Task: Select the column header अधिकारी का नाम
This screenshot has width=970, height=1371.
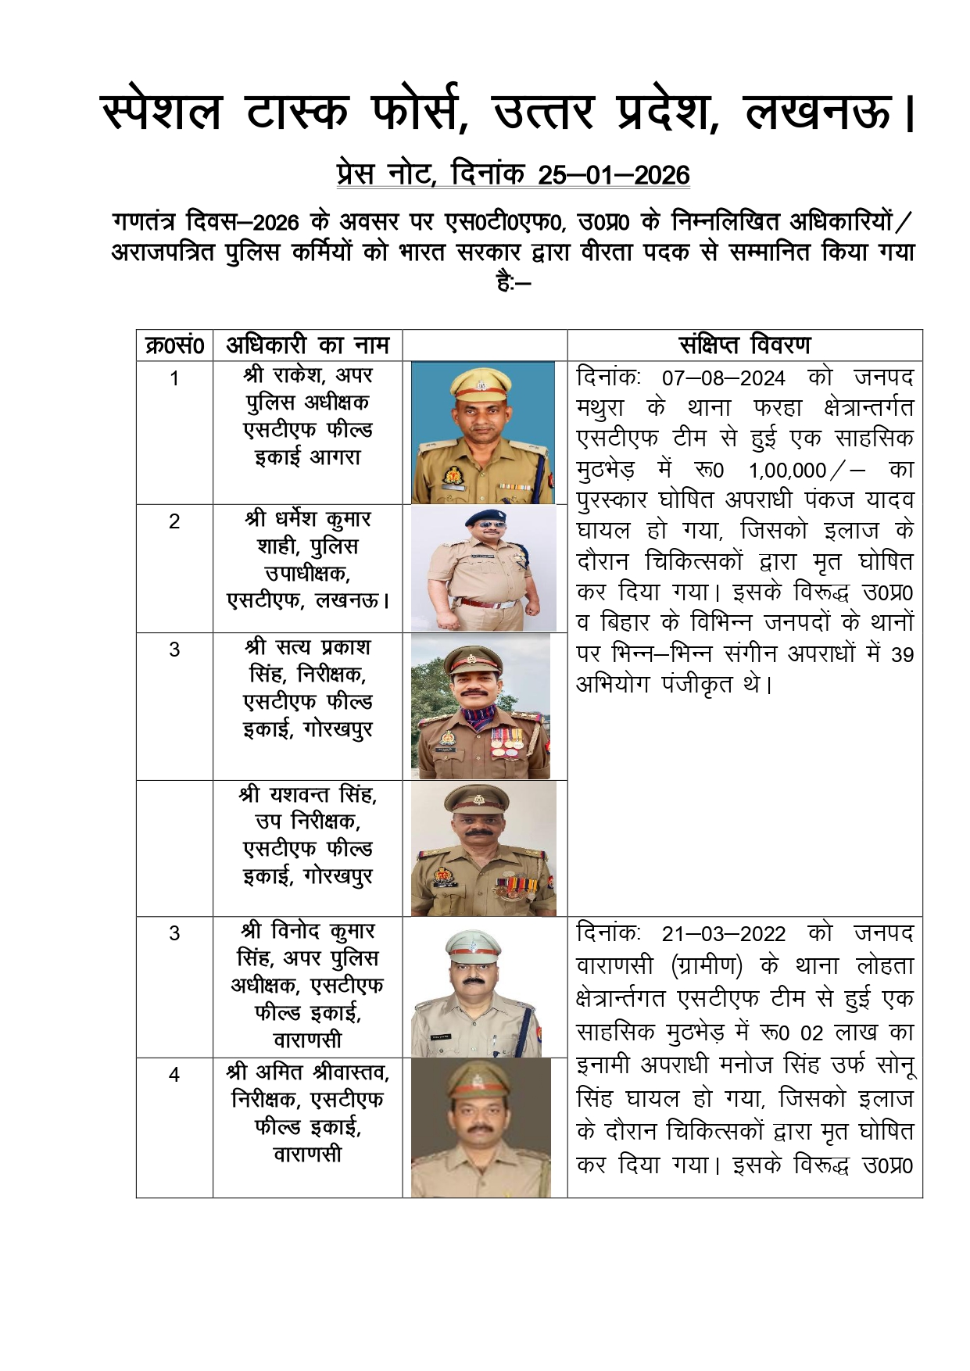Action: pyautogui.click(x=307, y=345)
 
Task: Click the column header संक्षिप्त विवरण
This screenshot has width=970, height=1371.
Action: pyautogui.click(x=744, y=345)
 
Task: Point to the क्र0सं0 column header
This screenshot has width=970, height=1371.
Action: pyautogui.click(x=174, y=345)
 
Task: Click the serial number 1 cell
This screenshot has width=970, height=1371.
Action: pyautogui.click(x=174, y=378)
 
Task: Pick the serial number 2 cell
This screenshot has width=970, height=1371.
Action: pyautogui.click(x=174, y=521)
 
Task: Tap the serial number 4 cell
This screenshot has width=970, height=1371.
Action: pyautogui.click(x=174, y=1075)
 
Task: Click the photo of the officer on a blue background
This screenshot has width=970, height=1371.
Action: pyautogui.click(x=483, y=432)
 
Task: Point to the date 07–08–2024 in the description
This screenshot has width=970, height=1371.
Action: pyautogui.click(x=723, y=378)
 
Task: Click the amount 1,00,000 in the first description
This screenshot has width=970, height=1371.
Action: pyautogui.click(x=787, y=471)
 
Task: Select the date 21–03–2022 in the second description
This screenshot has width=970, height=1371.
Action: pyautogui.click(x=723, y=934)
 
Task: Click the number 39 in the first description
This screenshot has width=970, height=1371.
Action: pyautogui.click(x=902, y=655)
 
